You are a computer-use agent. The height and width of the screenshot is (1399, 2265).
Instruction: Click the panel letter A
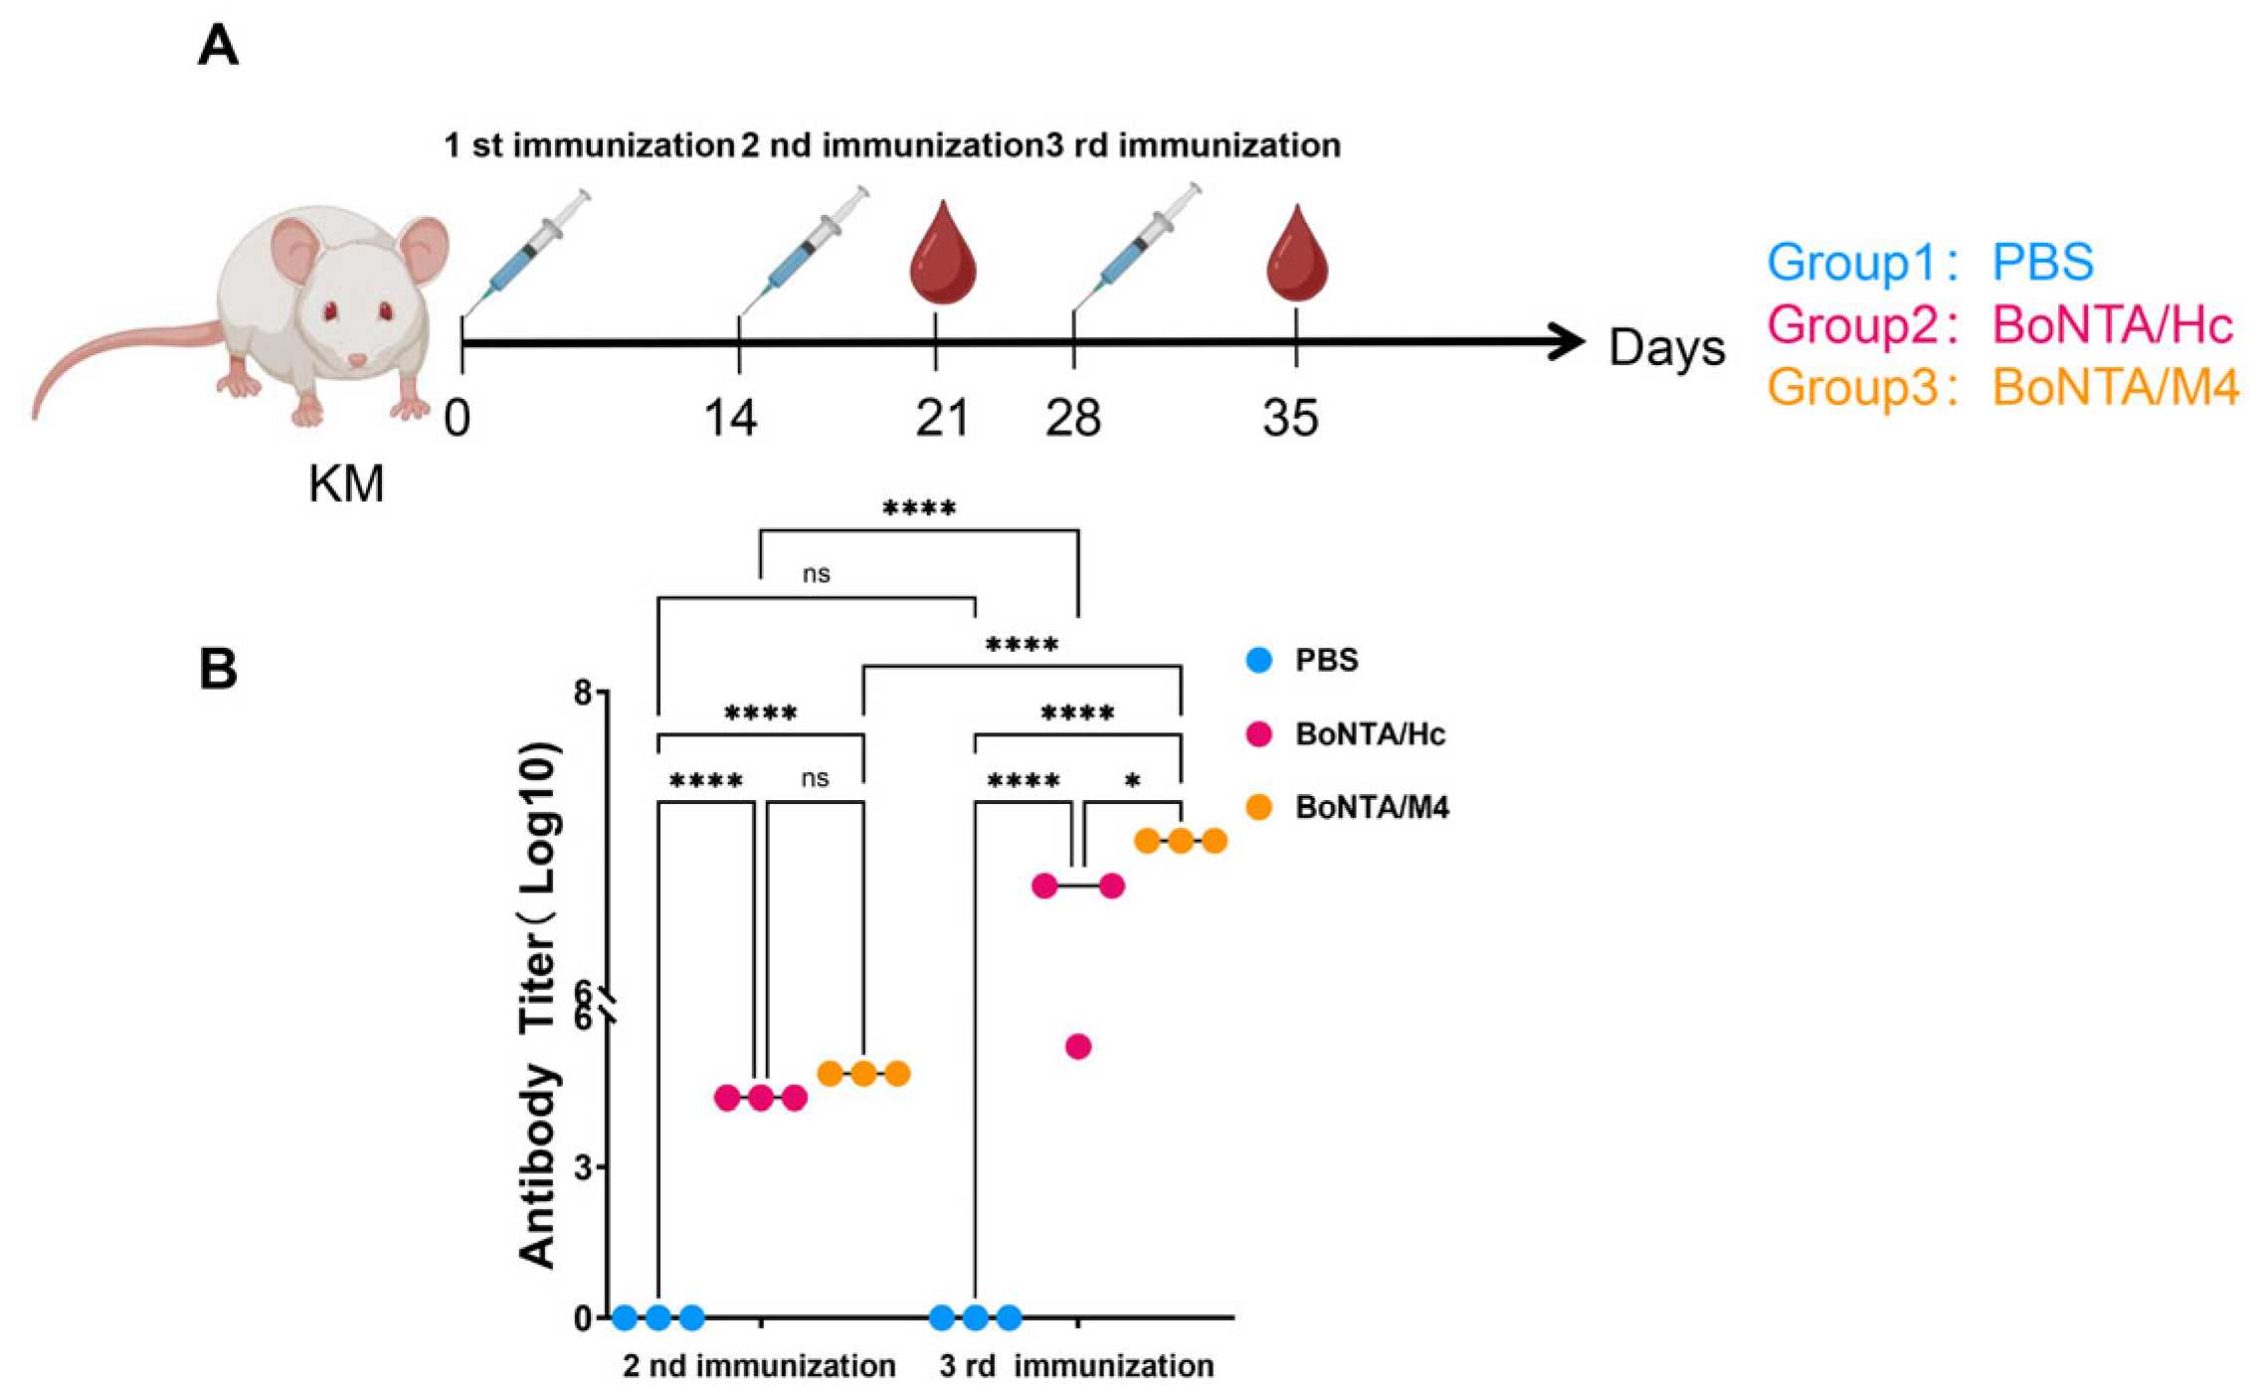click(218, 47)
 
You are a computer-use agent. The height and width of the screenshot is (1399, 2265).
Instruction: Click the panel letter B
click(218, 668)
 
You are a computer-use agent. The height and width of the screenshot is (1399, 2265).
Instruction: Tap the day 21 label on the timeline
click(941, 418)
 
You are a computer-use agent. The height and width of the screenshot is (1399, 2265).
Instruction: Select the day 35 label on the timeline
click(1290, 418)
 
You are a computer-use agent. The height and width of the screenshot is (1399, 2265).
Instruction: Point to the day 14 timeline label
click(730, 418)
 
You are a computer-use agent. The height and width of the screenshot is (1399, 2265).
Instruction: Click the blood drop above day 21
click(942, 255)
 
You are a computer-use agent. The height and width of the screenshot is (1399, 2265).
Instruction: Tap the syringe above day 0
click(527, 249)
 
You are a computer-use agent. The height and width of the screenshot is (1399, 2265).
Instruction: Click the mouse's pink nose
click(355, 359)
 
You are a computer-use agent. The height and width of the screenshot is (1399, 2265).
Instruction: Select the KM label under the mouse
click(346, 485)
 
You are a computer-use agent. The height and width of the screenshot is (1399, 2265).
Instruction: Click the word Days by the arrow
click(1666, 347)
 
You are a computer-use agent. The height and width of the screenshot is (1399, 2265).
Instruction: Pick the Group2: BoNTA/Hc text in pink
click(1999, 325)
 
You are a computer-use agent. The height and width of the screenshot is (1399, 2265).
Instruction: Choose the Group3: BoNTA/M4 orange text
click(2002, 387)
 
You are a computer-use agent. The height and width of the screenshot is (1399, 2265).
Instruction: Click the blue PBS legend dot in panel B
click(1258, 660)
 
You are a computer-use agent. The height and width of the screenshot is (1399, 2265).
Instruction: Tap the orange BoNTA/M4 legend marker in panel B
click(1258, 807)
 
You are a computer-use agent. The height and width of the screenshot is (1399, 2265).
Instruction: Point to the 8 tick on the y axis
click(583, 693)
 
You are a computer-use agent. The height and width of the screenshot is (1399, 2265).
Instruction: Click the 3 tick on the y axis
click(583, 1166)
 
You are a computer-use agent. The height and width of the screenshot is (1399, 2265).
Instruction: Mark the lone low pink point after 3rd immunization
click(1077, 1047)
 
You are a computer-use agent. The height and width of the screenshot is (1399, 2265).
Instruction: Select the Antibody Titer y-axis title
click(538, 1005)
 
